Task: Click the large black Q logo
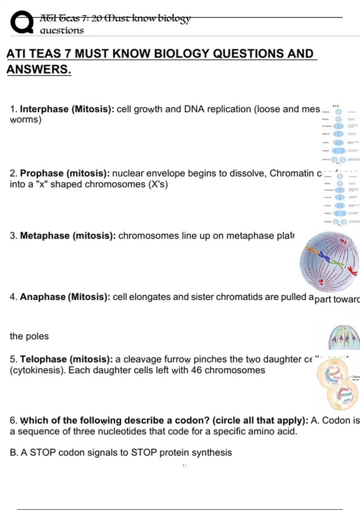tap(22, 22)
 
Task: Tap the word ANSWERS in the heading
tap(38, 69)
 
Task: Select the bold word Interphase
tap(44, 109)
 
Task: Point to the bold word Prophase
tap(42, 173)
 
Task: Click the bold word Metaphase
tap(45, 235)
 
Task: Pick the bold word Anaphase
tap(43, 297)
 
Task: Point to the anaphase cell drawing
tap(344, 337)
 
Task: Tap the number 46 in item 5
tap(196, 370)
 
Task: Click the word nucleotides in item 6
tap(118, 431)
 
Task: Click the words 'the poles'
tap(29, 336)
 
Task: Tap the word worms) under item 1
tap(25, 120)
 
